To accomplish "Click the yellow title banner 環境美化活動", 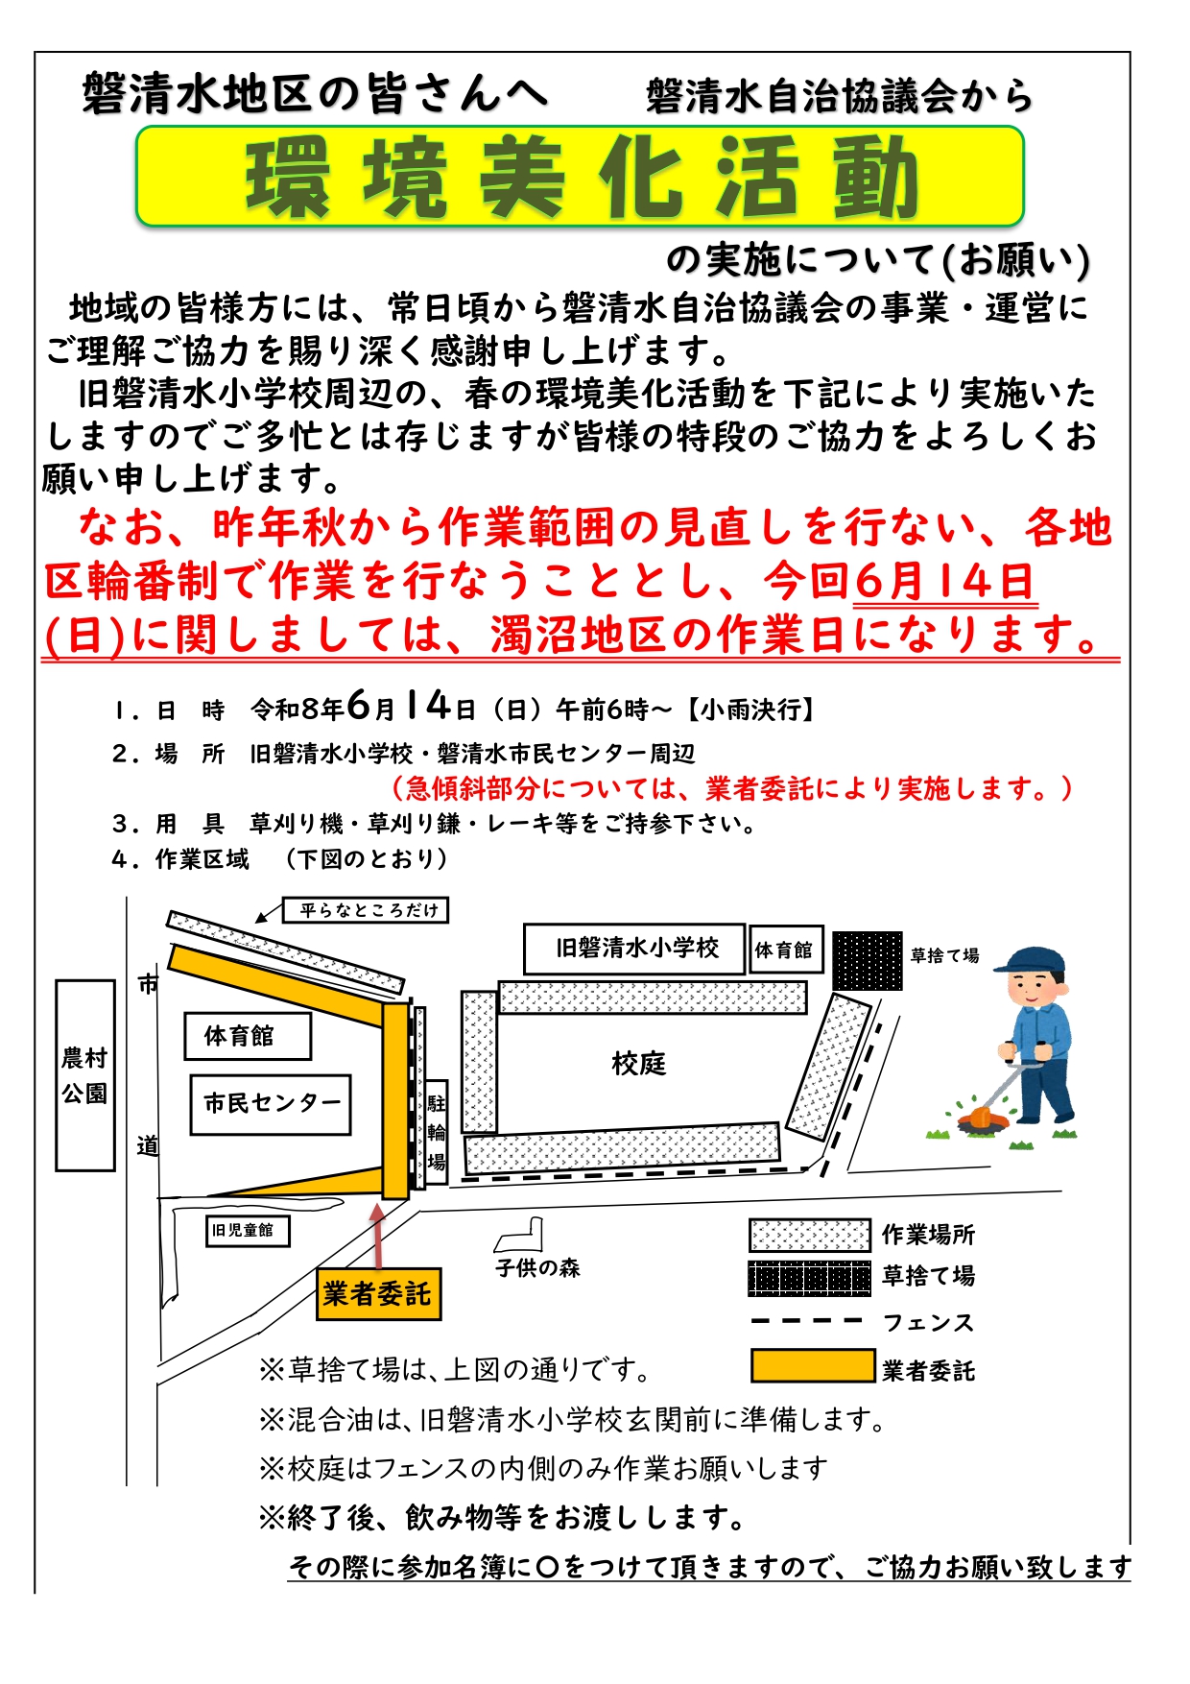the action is coord(580,177).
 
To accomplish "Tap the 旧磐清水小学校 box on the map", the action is coord(634,949).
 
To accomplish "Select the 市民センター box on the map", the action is coord(271,1104).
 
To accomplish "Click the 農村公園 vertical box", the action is coord(85,1075).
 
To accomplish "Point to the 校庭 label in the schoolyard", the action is coord(638,1064).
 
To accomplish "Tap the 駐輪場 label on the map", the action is coord(437,1133).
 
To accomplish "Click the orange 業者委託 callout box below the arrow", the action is coord(378,1294).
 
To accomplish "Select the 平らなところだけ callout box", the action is coord(366,910).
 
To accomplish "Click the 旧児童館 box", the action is coord(248,1230).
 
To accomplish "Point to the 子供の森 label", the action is coord(537,1268).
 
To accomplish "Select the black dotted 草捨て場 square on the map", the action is coord(868,960).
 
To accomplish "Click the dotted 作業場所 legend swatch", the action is coord(810,1236).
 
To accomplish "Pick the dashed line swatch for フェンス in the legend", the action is coord(807,1322).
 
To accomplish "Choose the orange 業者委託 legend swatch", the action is coord(813,1366).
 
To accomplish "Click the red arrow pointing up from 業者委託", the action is coord(378,1237).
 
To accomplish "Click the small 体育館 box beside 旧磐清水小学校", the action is coord(786,950).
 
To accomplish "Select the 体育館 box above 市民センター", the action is coord(248,1036).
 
